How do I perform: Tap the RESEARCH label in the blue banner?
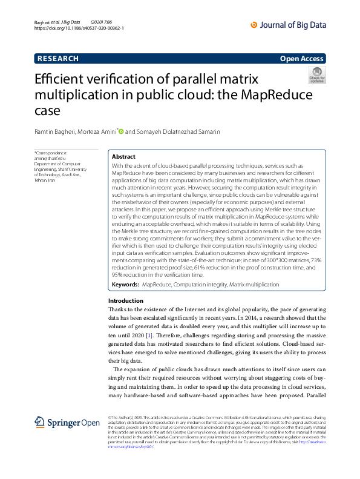58,59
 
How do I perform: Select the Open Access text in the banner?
303,59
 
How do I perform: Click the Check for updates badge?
317,76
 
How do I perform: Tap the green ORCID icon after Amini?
120,131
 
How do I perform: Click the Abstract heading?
124,156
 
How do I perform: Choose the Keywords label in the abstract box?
126,284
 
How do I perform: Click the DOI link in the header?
79,28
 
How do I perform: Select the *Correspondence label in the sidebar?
50,153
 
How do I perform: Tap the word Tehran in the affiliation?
41,180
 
